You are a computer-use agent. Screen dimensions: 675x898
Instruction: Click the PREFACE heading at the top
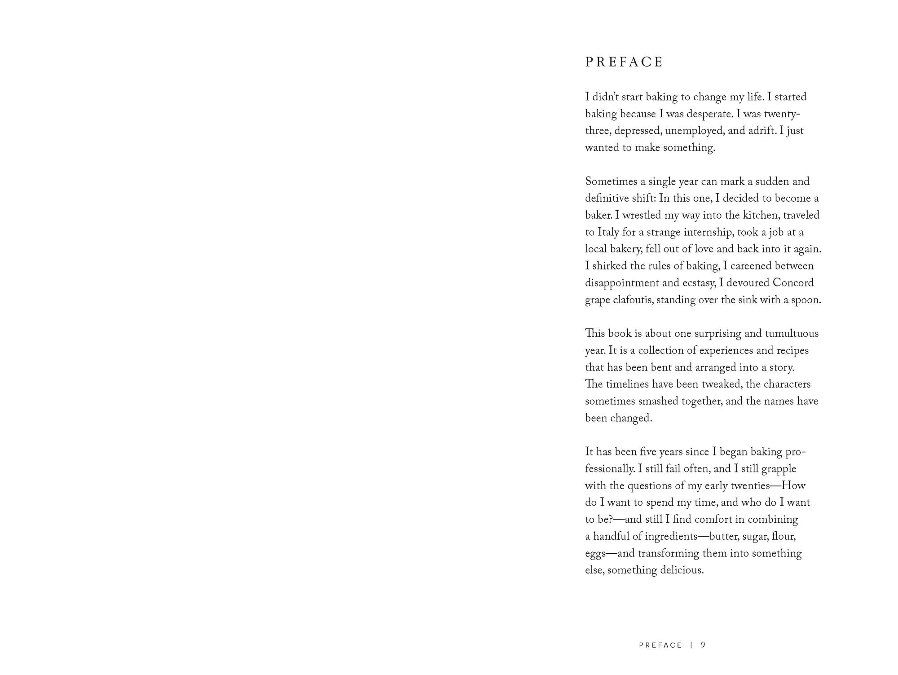pos(624,62)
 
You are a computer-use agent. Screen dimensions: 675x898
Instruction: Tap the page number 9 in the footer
pos(703,645)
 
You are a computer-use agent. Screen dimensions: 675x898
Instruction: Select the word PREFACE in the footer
pos(660,645)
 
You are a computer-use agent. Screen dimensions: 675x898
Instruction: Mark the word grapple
pos(779,469)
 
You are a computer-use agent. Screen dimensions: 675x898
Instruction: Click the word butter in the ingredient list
pos(724,537)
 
